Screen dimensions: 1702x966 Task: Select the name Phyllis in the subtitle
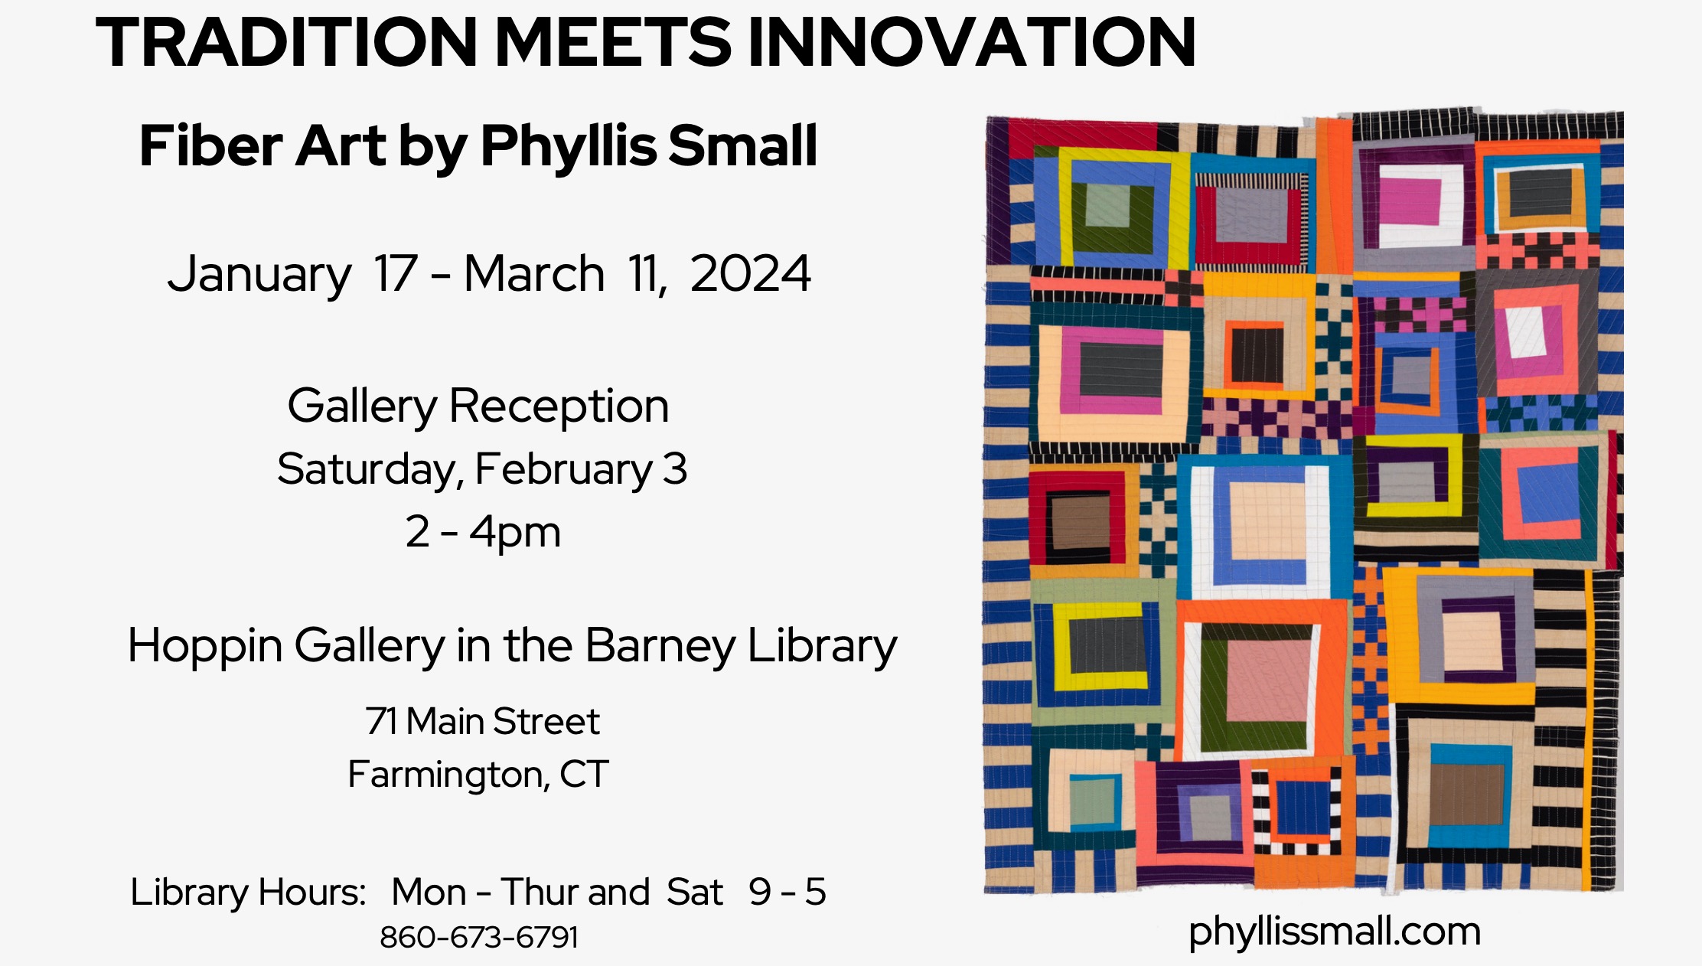(x=568, y=146)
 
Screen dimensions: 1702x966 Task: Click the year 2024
(x=750, y=273)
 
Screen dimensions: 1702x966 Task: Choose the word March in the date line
(x=534, y=273)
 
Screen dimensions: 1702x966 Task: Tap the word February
(x=564, y=470)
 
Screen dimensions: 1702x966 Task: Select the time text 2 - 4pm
(x=483, y=532)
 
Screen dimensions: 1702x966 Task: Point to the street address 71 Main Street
(x=482, y=721)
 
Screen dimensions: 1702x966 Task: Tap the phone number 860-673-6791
(x=479, y=937)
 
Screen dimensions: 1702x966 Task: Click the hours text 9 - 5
(x=787, y=893)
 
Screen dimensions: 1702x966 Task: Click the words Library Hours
(x=248, y=893)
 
